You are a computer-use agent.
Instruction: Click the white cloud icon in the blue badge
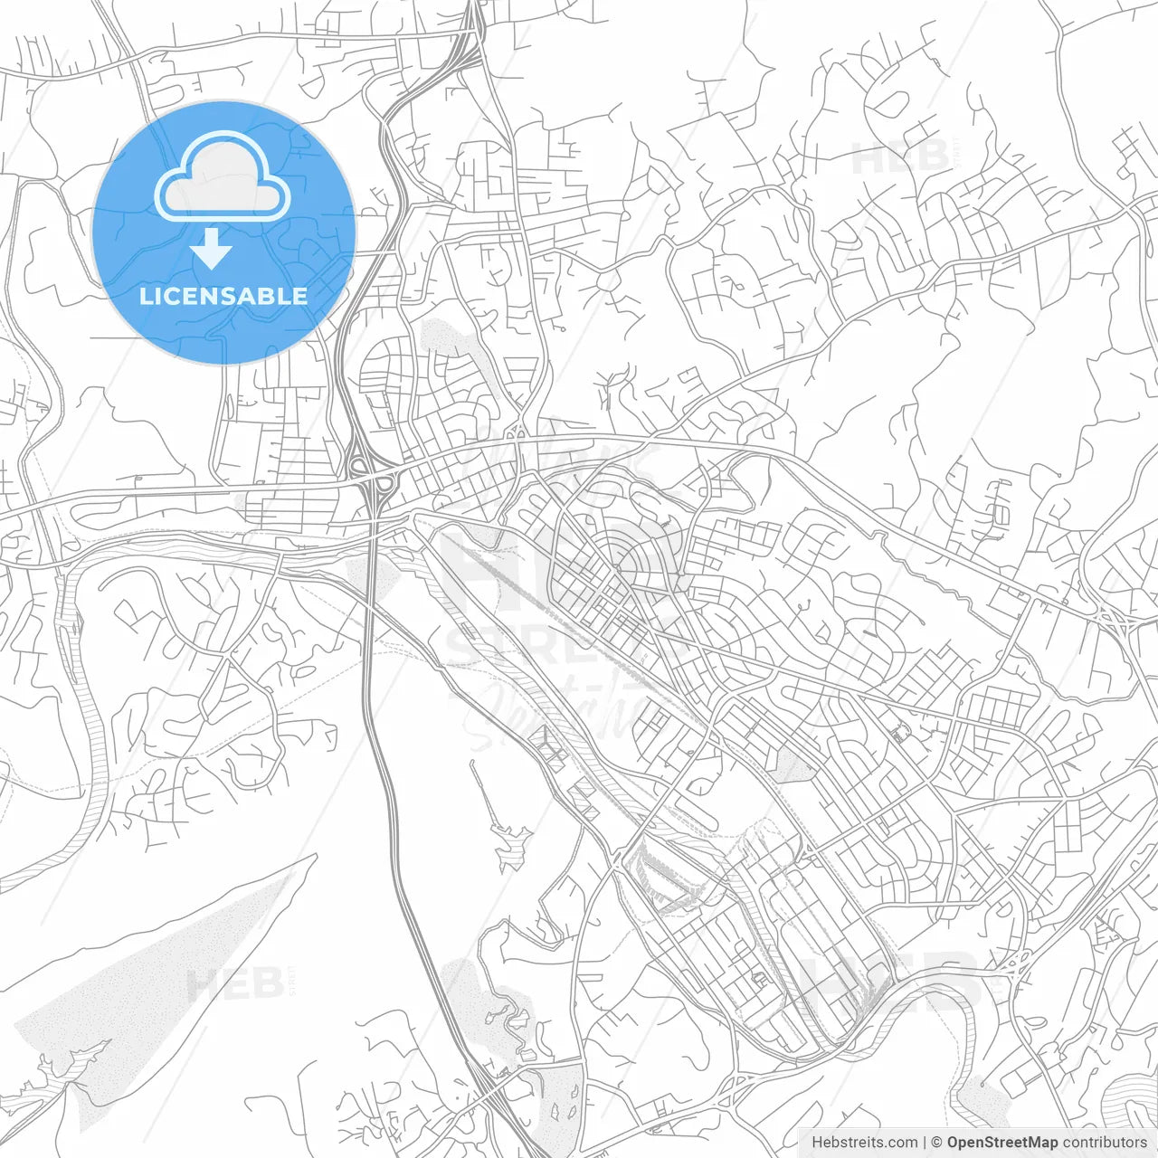click(223, 177)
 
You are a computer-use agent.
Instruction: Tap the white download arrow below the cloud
click(212, 249)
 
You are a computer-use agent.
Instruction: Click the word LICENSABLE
click(223, 296)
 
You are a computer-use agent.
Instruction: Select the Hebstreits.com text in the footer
click(864, 1143)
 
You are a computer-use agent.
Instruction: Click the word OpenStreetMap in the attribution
click(1001, 1143)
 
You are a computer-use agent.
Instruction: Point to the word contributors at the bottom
click(1105, 1143)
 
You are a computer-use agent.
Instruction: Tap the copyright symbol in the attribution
click(937, 1143)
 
